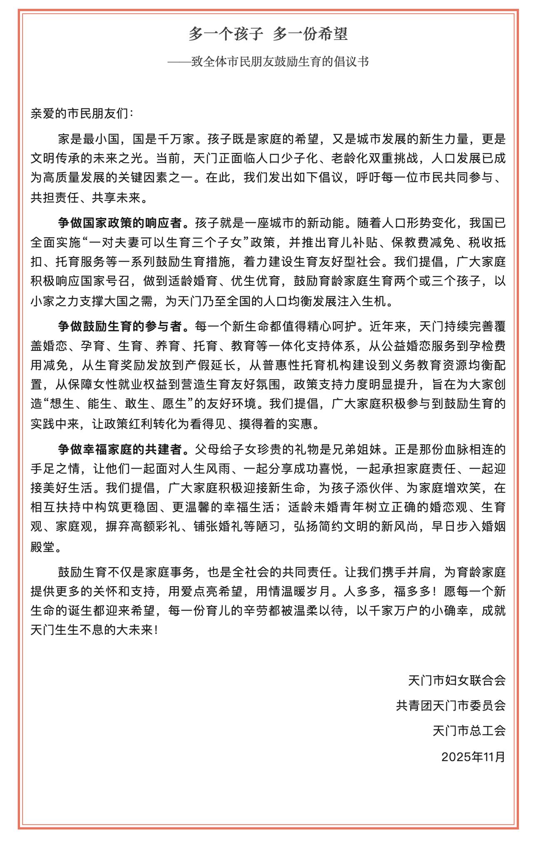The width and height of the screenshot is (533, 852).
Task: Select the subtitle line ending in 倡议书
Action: pyautogui.click(x=268, y=62)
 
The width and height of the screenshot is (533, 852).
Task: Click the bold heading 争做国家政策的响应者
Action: pyautogui.click(x=120, y=223)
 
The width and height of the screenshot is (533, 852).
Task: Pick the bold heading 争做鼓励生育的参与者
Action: pyautogui.click(x=120, y=326)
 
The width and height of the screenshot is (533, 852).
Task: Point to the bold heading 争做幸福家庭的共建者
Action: pyautogui.click(x=120, y=449)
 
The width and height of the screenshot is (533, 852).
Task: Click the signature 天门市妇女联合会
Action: pyautogui.click(x=457, y=681)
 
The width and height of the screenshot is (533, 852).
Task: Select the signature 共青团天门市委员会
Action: pyautogui.click(x=451, y=706)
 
